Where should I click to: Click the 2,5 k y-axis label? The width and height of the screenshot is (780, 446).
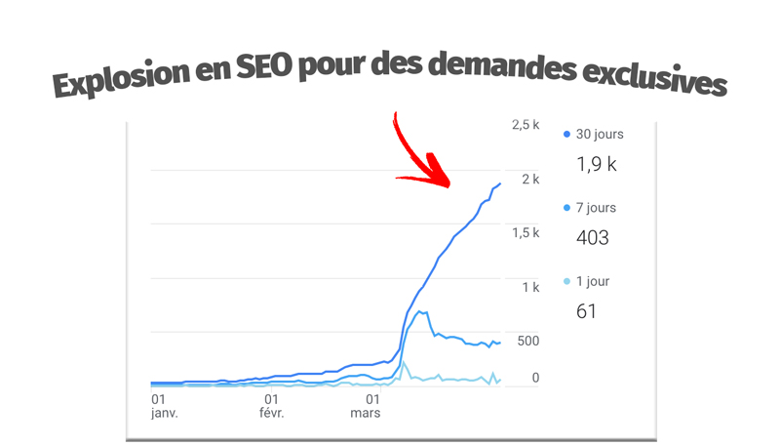click(x=525, y=125)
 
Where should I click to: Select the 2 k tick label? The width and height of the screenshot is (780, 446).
click(x=530, y=180)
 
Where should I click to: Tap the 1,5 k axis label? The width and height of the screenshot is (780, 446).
click(x=525, y=233)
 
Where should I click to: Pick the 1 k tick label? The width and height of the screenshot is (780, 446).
click(x=530, y=287)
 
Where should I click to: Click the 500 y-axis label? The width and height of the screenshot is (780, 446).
click(x=527, y=341)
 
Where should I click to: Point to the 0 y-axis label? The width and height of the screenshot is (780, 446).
click(x=534, y=378)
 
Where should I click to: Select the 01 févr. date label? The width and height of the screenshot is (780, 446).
click(x=272, y=405)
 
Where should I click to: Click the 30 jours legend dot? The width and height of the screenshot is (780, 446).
click(x=567, y=134)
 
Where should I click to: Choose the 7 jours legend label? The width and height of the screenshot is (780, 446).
click(x=596, y=208)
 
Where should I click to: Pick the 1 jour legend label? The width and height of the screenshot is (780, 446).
click(x=593, y=281)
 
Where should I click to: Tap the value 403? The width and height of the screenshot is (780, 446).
click(x=593, y=237)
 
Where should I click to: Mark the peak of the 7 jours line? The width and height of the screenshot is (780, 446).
click(x=419, y=311)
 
